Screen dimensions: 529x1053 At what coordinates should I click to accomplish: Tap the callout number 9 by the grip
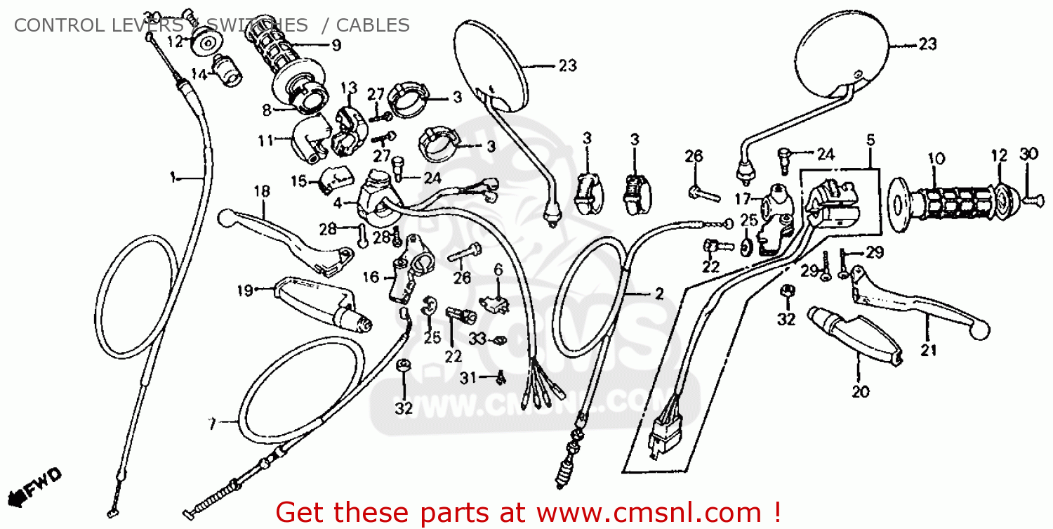pyautogui.click(x=336, y=46)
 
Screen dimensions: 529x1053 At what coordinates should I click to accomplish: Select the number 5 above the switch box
pyautogui.click(x=870, y=140)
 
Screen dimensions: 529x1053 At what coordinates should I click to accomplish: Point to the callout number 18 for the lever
pyautogui.click(x=261, y=191)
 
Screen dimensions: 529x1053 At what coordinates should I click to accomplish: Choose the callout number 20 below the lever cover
pyautogui.click(x=861, y=391)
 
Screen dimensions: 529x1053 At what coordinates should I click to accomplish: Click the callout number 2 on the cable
pyautogui.click(x=658, y=294)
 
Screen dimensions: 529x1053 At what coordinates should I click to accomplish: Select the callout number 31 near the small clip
pyautogui.click(x=468, y=378)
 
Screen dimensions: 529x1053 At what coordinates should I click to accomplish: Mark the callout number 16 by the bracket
pyautogui.click(x=371, y=277)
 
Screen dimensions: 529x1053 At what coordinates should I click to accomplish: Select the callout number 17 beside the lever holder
pyautogui.click(x=743, y=199)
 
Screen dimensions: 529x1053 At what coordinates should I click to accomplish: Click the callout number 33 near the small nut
pyautogui.click(x=477, y=339)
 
